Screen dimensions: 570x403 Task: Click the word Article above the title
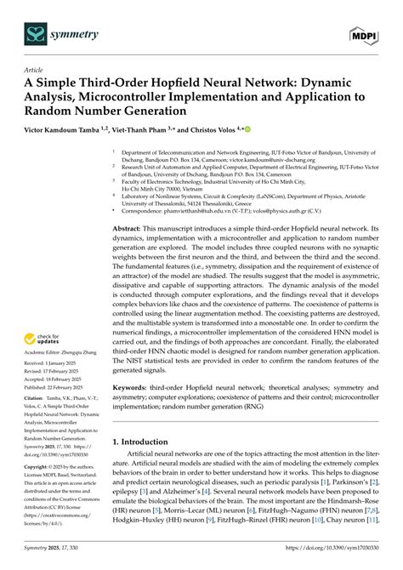click(x=34, y=71)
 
